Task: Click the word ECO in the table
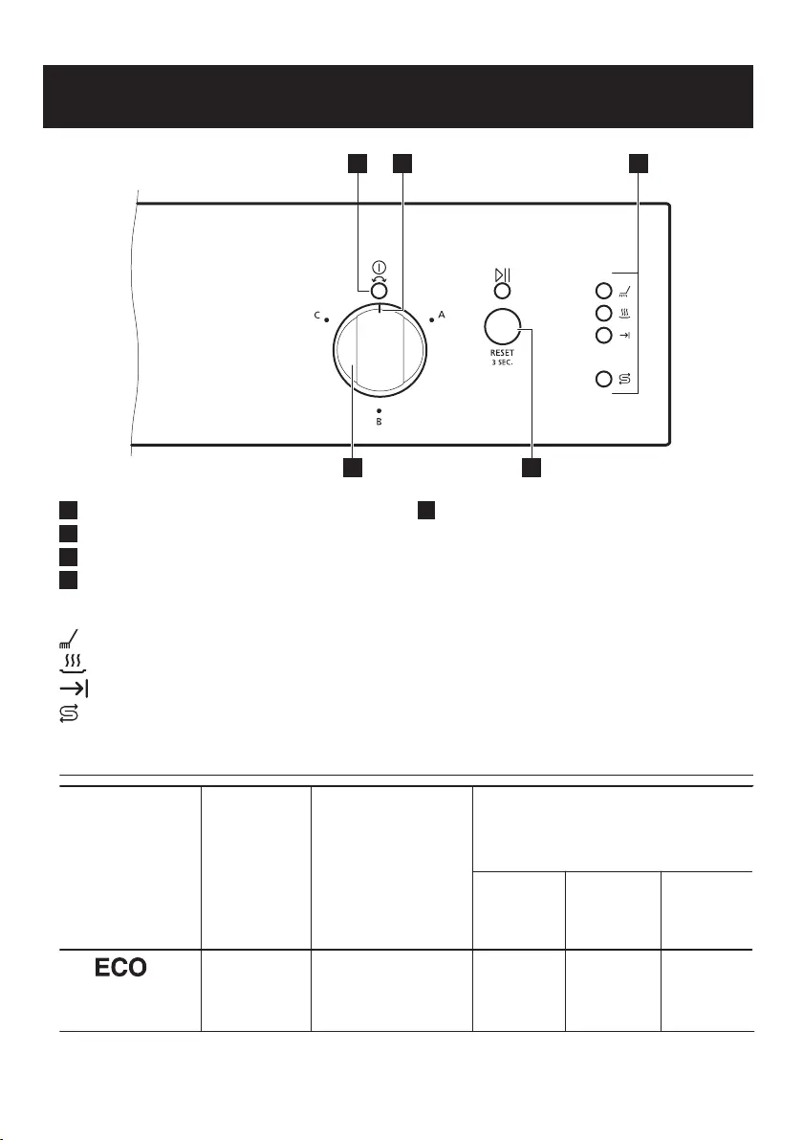coord(120,968)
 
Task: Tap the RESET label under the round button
coord(502,353)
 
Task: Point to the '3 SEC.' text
coord(502,362)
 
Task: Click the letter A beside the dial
coord(441,316)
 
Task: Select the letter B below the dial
coord(379,422)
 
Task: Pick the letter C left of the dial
coord(316,316)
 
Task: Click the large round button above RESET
coord(502,326)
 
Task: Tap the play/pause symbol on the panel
coord(502,275)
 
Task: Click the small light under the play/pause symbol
coord(502,292)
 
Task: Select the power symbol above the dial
coord(379,267)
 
